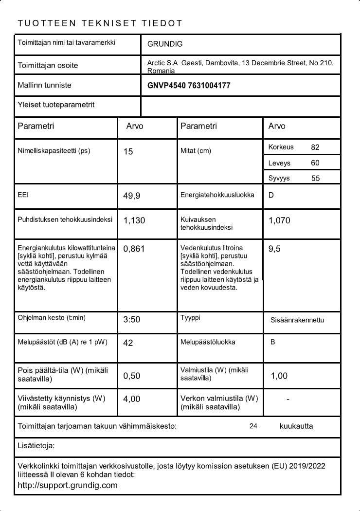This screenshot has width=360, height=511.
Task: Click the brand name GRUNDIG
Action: pos(165,44)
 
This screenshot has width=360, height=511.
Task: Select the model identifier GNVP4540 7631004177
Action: pos(189,86)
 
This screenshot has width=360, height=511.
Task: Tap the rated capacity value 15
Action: pos(128,152)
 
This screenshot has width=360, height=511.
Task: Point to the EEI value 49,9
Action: pos(132,196)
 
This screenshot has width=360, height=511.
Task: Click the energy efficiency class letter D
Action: pos(271,195)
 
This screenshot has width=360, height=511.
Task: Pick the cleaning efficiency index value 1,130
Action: pos(134,220)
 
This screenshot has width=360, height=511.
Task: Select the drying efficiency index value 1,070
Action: pos(279,220)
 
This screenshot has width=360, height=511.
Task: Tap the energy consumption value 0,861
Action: pos(134,249)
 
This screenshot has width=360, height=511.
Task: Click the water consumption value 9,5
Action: pos(274,249)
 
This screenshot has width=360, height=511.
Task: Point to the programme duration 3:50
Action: pos(132,320)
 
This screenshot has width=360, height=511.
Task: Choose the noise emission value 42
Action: pos(128,343)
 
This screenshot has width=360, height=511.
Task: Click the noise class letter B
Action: pos(273,342)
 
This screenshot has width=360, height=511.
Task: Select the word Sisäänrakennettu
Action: pos(297,320)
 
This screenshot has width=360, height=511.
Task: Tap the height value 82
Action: pos(315,147)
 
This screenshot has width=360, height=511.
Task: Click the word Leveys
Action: pos(279,163)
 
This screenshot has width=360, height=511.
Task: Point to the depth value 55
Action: pos(316,178)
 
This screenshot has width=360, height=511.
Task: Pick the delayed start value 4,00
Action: pos(132,399)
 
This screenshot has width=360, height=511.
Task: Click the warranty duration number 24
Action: pos(253,426)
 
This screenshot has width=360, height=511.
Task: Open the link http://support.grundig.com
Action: pos(68,485)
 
